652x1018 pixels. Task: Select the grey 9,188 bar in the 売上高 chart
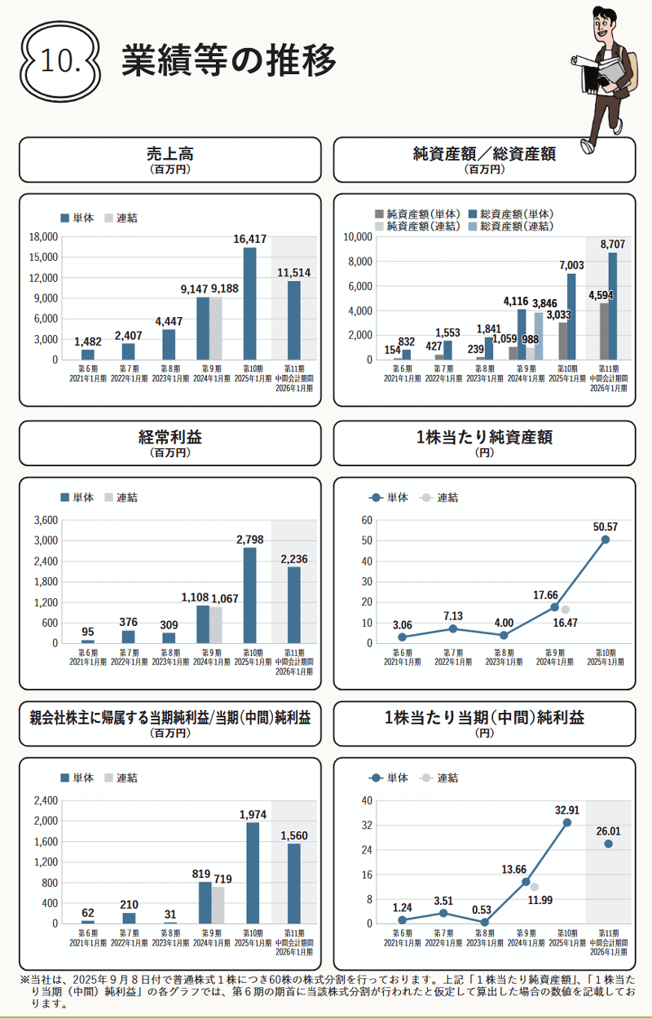coord(216,328)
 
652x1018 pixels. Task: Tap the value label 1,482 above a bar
coord(87,342)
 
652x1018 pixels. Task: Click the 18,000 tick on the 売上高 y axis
coord(43,237)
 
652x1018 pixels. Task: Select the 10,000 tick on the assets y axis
coord(357,237)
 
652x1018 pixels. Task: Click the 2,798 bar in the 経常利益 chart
coord(250,595)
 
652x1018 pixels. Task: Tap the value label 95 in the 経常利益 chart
coord(87,631)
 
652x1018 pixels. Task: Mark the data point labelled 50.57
coord(606,540)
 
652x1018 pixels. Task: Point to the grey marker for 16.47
coord(565,610)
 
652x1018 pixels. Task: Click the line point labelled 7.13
coord(453,628)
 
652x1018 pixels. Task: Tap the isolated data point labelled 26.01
coord(608,844)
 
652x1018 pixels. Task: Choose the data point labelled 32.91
coord(566,822)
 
